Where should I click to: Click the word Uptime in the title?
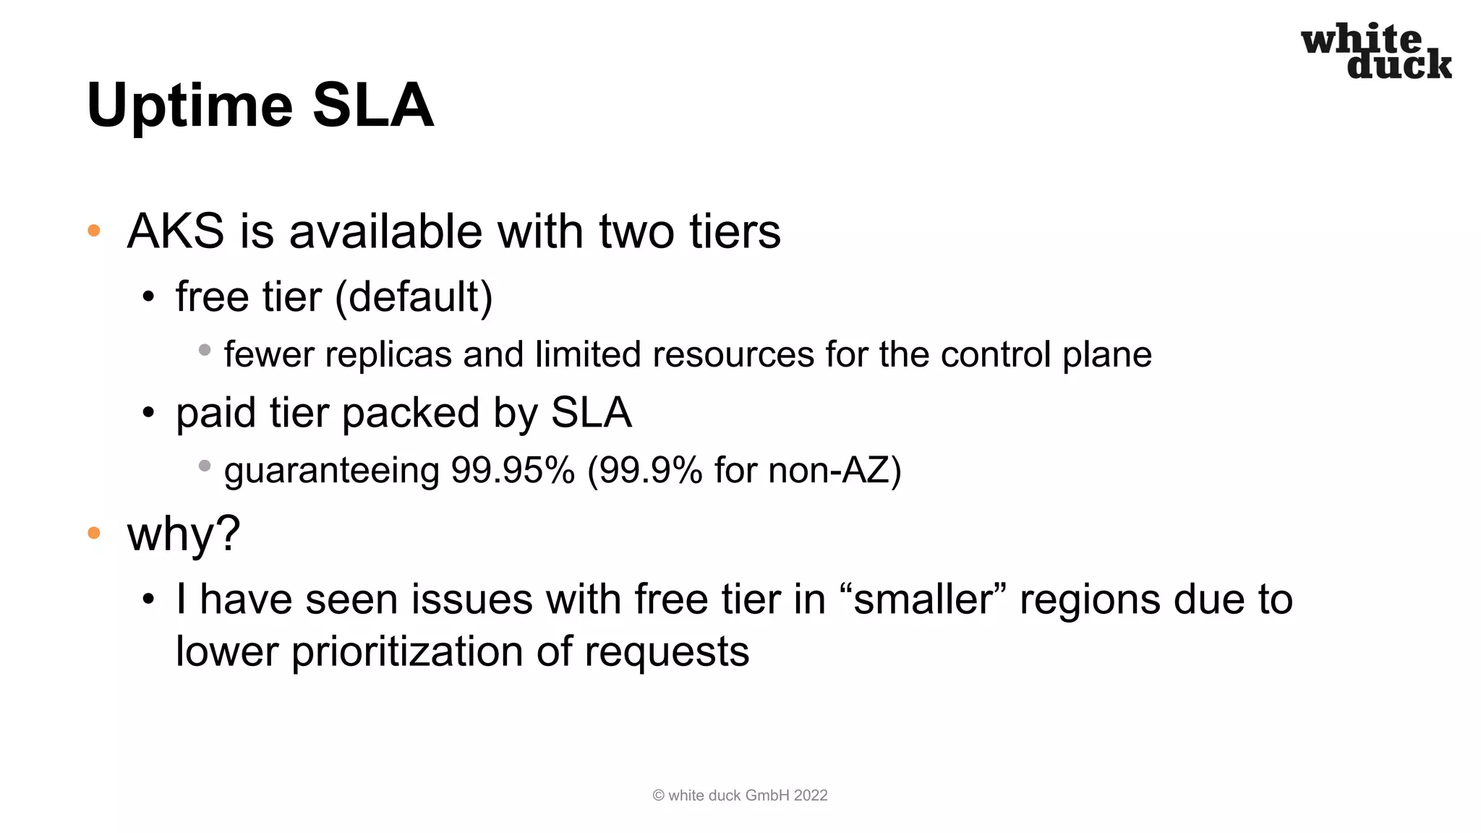tap(189, 106)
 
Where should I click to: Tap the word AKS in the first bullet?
tap(176, 231)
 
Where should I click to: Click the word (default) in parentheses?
tap(414, 297)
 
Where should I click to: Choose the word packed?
tap(411, 413)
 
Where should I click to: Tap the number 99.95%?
tap(513, 471)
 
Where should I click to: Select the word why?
tap(184, 534)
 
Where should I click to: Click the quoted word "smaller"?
tap(923, 599)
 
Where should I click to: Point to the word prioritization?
tap(407, 652)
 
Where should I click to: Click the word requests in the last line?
tap(667, 652)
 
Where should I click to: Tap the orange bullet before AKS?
tap(94, 231)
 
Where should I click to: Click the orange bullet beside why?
tap(94, 534)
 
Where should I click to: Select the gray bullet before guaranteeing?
tap(205, 466)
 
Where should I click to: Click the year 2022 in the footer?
tap(811, 795)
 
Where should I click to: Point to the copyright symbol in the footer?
tap(658, 795)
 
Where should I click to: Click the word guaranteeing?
tap(332, 471)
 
